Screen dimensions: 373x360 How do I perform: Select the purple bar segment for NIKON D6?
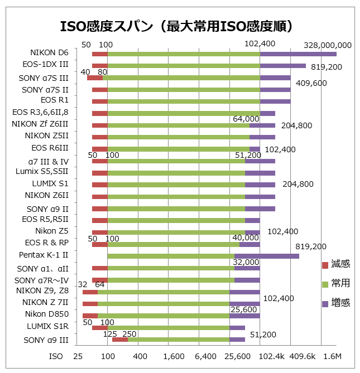[x=298, y=54]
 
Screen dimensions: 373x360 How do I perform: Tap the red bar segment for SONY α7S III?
[x=95, y=78]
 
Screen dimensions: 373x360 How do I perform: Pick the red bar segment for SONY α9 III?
[x=120, y=339]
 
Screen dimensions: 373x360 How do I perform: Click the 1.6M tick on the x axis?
[x=333, y=356]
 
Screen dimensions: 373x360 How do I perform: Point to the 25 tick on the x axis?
[x=78, y=356]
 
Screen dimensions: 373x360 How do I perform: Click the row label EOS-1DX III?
[x=46, y=65]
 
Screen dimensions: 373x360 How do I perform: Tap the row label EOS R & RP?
[x=47, y=243]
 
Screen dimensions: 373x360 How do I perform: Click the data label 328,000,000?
[x=328, y=45]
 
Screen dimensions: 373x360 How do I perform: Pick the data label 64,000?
[x=246, y=118]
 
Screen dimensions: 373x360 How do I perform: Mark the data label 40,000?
[x=246, y=238]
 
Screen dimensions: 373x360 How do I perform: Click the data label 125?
[x=110, y=333]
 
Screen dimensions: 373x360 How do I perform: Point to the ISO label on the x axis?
[x=56, y=356]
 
